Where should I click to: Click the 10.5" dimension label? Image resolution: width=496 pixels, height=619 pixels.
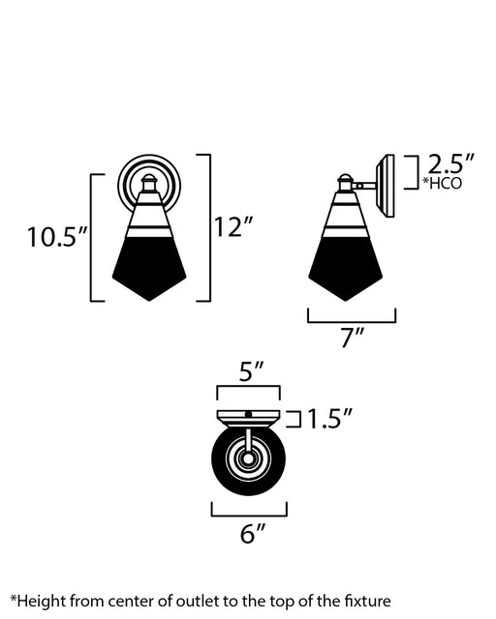tap(56, 236)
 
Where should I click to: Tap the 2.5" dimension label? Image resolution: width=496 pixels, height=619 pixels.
tap(450, 163)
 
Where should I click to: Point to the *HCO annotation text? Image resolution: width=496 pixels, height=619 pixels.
tap(442, 183)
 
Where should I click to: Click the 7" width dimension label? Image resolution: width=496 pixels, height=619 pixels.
tap(353, 338)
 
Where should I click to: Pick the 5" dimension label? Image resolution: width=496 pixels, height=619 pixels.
tap(251, 371)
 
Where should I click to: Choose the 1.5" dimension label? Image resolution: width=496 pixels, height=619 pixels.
tap(329, 419)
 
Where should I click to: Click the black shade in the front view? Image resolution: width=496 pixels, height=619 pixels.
tap(149, 268)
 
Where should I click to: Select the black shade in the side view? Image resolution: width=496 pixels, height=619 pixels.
tap(345, 269)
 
